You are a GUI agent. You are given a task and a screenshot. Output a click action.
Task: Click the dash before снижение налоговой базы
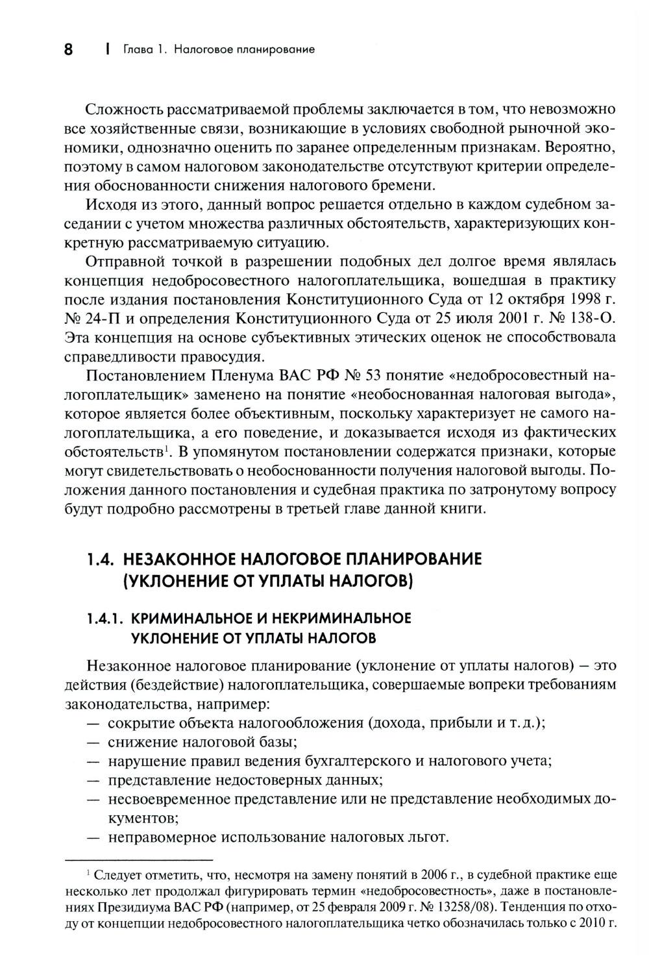(93, 742)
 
